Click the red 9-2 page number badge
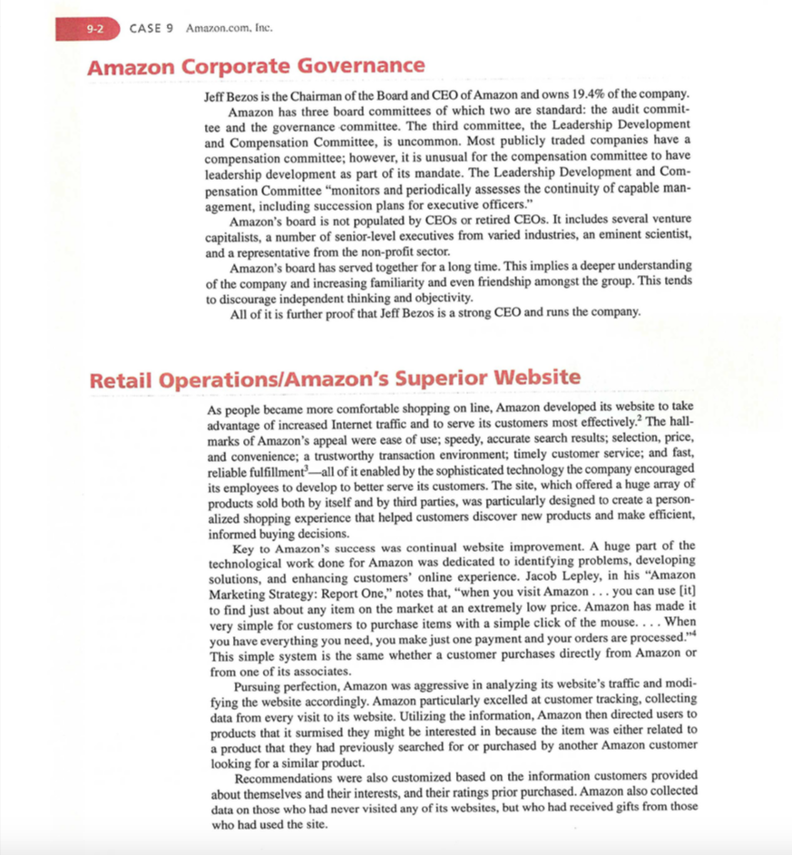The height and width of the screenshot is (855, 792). point(95,28)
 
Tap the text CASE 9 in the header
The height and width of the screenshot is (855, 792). point(153,28)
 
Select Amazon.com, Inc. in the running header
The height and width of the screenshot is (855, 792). point(229,28)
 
